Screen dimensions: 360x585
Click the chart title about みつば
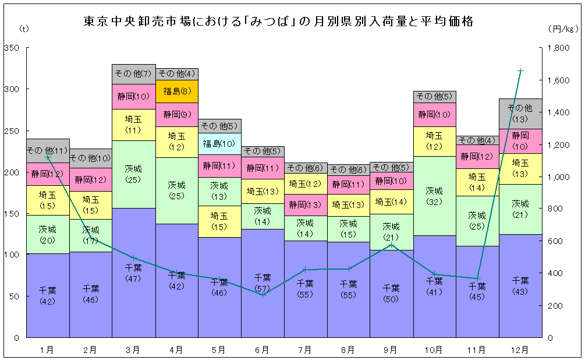pyautogui.click(x=278, y=22)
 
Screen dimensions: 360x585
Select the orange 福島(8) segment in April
pyautogui.click(x=176, y=91)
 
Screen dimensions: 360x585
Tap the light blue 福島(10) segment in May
pyautogui.click(x=219, y=143)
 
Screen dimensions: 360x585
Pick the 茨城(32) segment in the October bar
pyautogui.click(x=434, y=196)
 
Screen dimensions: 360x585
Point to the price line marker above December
pyautogui.click(x=520, y=71)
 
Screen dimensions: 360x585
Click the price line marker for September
pyautogui.click(x=391, y=245)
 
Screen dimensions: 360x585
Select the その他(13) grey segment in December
pyautogui.click(x=520, y=114)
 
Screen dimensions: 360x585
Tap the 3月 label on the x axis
pyautogui.click(x=133, y=350)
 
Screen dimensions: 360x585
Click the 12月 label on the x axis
pyautogui.click(x=520, y=350)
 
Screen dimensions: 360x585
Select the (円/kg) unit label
pyautogui.click(x=562, y=27)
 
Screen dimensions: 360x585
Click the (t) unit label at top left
pyautogui.click(x=23, y=27)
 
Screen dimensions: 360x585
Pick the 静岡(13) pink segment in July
pyautogui.click(x=305, y=204)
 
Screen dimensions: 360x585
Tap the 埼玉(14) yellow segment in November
pyautogui.click(x=477, y=182)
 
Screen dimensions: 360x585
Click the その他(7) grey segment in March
pyautogui.click(x=133, y=74)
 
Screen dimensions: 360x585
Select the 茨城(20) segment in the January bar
pyautogui.click(x=48, y=234)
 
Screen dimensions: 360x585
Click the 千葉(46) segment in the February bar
pyautogui.click(x=90, y=294)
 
